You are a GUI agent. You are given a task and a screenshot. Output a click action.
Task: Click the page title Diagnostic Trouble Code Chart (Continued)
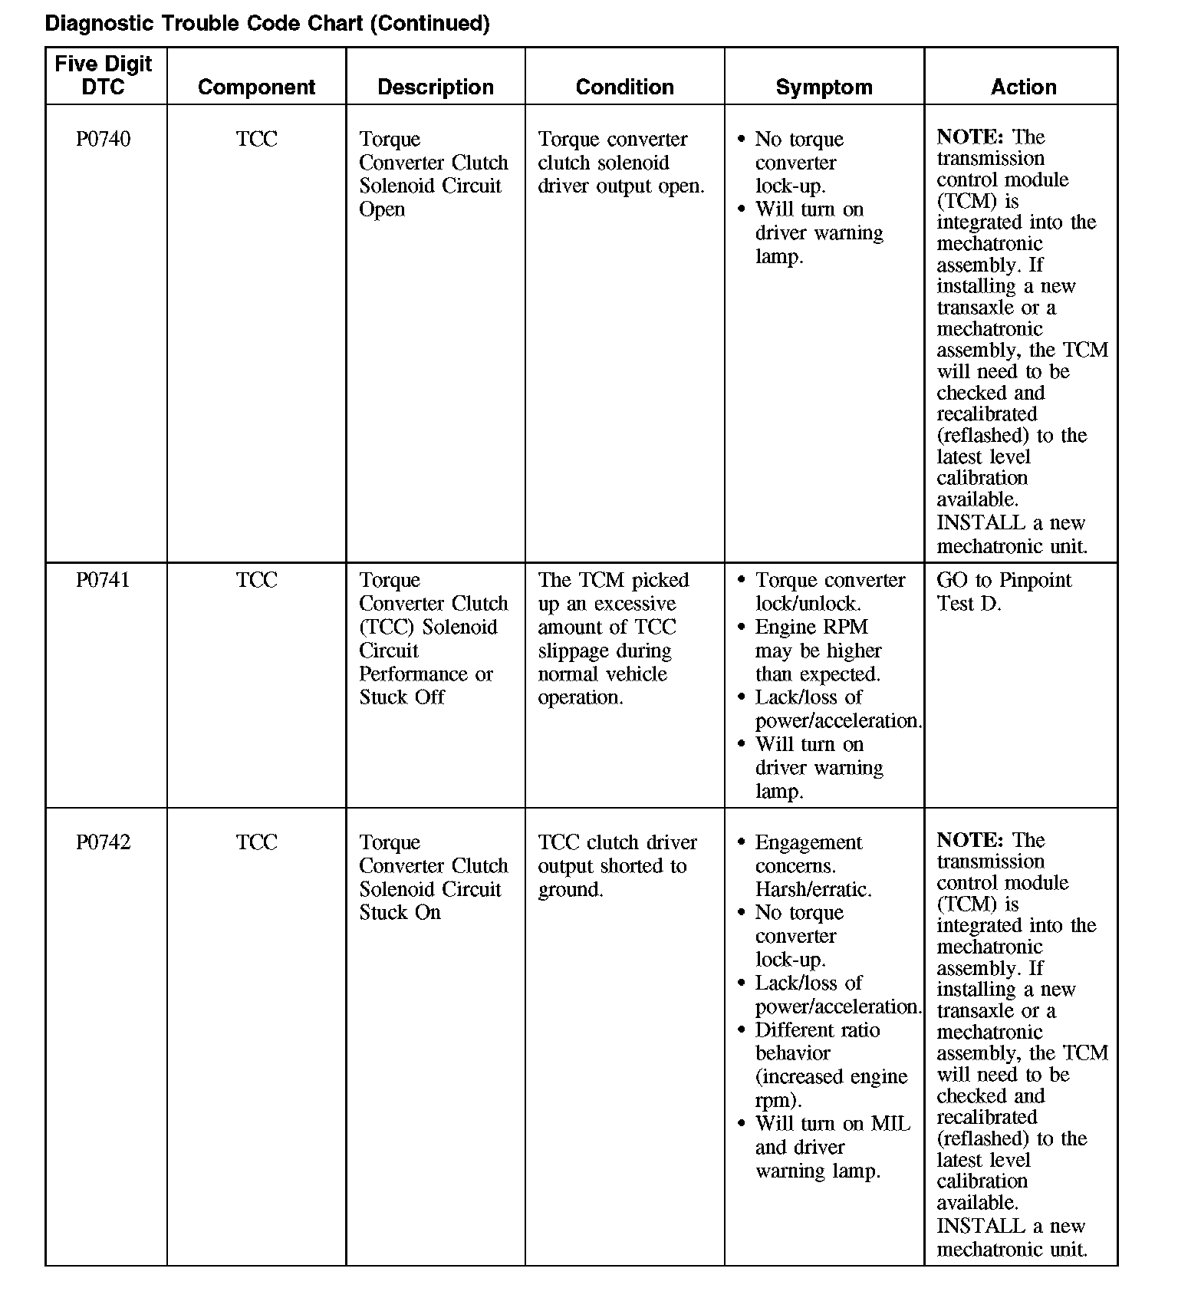click(x=267, y=24)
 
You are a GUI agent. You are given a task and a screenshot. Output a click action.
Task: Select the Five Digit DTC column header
click(x=104, y=75)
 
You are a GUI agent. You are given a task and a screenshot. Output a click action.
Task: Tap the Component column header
click(x=256, y=87)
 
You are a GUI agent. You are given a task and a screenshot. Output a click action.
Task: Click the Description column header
click(x=436, y=87)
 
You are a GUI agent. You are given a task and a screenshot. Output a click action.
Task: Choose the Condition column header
click(x=624, y=87)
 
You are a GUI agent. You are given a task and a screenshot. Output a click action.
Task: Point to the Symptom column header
click(x=824, y=87)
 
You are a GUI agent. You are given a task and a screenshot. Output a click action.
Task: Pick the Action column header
click(x=1023, y=87)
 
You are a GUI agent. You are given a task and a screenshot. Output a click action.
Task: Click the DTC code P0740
click(x=104, y=140)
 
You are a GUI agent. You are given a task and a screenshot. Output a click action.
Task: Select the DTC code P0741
click(x=104, y=581)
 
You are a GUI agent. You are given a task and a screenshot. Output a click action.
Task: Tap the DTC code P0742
click(x=104, y=842)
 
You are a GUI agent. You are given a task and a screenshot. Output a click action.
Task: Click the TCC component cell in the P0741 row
click(x=256, y=581)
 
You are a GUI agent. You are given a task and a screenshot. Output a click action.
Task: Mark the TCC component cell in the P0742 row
click(x=256, y=842)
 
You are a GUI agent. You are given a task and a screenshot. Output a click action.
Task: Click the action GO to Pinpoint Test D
click(x=1003, y=591)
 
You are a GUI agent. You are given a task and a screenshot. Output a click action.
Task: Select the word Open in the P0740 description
click(x=382, y=210)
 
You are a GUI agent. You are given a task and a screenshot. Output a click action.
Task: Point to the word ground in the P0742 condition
click(x=569, y=891)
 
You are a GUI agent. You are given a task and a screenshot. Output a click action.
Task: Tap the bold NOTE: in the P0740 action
click(x=970, y=137)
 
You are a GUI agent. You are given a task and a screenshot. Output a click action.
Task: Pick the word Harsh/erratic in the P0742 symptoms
click(x=812, y=890)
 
